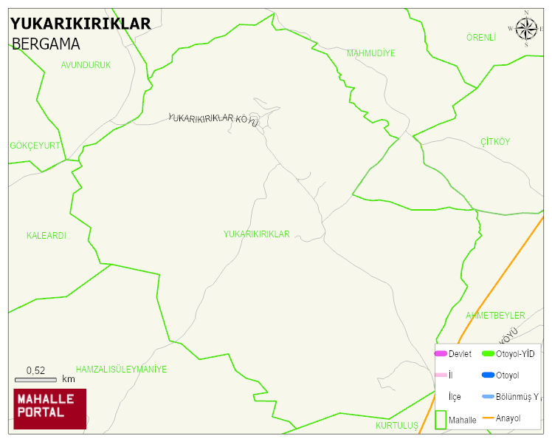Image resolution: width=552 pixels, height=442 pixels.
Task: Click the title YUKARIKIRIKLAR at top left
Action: coord(80,24)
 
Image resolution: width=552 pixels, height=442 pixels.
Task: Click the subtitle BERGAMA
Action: coord(46,44)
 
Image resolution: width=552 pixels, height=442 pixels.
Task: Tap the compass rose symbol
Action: coord(526,29)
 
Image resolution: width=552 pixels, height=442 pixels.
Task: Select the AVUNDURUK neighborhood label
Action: coord(86,65)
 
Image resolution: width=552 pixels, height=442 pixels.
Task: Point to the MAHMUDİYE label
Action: coord(371,53)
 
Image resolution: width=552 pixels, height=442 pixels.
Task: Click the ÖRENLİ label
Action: coord(481,37)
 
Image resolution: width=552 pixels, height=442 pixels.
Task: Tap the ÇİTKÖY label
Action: coord(495,141)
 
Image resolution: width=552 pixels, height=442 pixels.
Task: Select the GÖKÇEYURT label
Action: coord(35,146)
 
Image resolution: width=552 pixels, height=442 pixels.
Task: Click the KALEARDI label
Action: coord(46,236)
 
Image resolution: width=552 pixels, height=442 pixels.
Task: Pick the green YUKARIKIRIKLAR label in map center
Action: coord(257,234)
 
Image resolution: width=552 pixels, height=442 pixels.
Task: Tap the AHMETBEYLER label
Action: coord(495,316)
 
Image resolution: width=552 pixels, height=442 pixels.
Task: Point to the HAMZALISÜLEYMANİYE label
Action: coord(121,370)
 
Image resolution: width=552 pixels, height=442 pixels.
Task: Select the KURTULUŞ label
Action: coord(396,426)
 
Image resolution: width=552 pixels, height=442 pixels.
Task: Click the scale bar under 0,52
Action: coord(35,380)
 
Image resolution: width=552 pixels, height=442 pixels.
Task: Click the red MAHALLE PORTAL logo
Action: coord(49,409)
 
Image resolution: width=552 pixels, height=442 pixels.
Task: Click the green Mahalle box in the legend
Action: coord(441,419)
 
